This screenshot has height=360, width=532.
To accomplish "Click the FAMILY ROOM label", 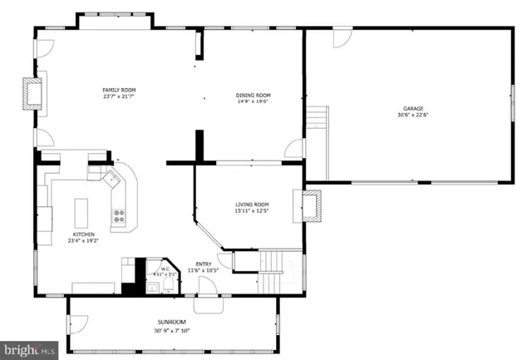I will point(119,90).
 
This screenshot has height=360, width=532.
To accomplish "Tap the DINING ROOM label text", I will point(253,96).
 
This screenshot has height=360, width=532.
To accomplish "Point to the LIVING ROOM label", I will point(252,204).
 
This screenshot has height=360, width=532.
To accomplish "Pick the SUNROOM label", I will point(172,322).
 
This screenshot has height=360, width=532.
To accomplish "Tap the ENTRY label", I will point(204,264).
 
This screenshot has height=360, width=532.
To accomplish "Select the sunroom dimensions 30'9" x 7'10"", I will point(172,329).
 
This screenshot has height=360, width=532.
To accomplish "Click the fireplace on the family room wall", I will point(32,94).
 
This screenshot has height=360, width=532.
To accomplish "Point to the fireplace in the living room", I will point(308,205).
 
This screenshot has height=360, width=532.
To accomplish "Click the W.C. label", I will point(165,268).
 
